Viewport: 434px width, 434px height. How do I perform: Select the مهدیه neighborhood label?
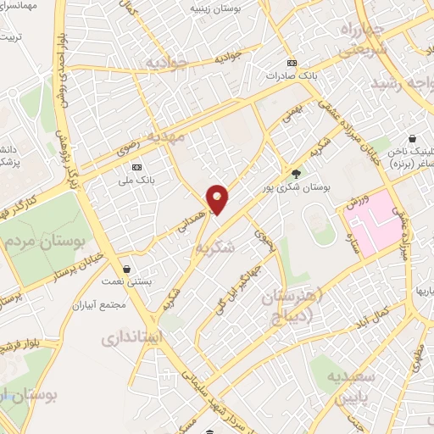[x=164, y=136]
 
